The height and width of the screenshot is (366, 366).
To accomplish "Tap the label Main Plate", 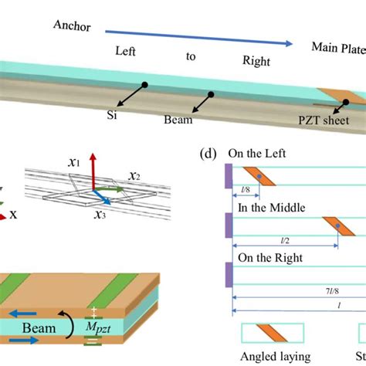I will (338, 48).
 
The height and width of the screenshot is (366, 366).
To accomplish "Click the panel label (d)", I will (207, 154).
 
